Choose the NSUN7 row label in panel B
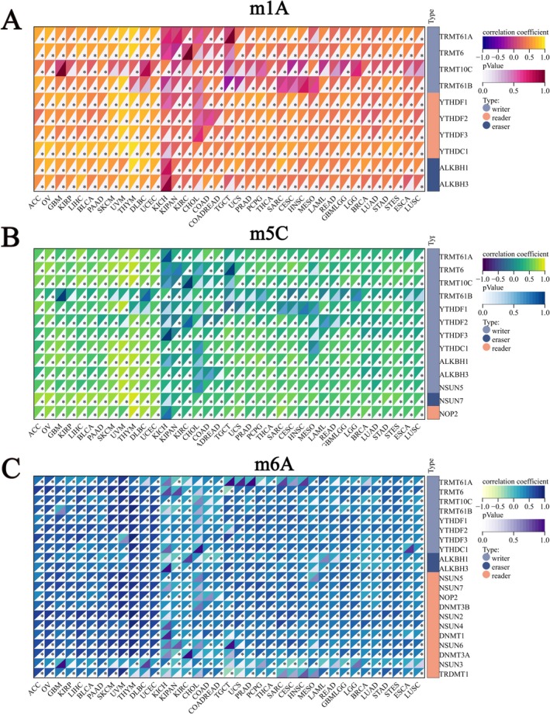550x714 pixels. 455,399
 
